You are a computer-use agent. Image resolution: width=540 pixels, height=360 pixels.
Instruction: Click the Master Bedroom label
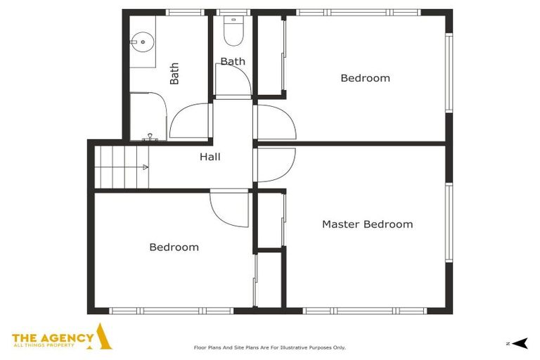[368, 224]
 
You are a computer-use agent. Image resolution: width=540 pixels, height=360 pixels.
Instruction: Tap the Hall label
[210, 157]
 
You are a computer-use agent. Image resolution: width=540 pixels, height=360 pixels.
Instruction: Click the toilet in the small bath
[233, 31]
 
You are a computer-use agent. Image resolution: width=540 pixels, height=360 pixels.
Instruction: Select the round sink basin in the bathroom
[142, 42]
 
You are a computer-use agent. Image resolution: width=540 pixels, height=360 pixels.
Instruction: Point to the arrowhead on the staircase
[146, 167]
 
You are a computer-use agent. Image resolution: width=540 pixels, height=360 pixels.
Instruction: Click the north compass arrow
[520, 343]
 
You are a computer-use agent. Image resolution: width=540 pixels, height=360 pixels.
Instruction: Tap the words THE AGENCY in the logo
[53, 338]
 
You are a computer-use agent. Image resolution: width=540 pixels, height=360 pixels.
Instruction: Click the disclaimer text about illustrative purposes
[270, 347]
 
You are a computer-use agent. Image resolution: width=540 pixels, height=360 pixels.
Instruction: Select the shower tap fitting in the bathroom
[150, 137]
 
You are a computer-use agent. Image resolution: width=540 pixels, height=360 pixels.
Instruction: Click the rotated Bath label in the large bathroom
[174, 73]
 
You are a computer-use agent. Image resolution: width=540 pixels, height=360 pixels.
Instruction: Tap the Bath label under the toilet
[233, 61]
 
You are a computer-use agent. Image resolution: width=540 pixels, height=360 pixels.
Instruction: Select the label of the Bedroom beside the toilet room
[366, 78]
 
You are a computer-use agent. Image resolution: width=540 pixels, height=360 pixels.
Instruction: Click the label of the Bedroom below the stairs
[174, 247]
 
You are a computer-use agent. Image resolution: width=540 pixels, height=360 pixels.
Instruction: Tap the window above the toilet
[233, 13]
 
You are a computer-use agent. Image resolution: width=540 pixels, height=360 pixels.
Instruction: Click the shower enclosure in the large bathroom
[148, 116]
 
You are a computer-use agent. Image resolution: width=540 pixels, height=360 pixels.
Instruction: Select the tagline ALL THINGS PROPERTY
[44, 345]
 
